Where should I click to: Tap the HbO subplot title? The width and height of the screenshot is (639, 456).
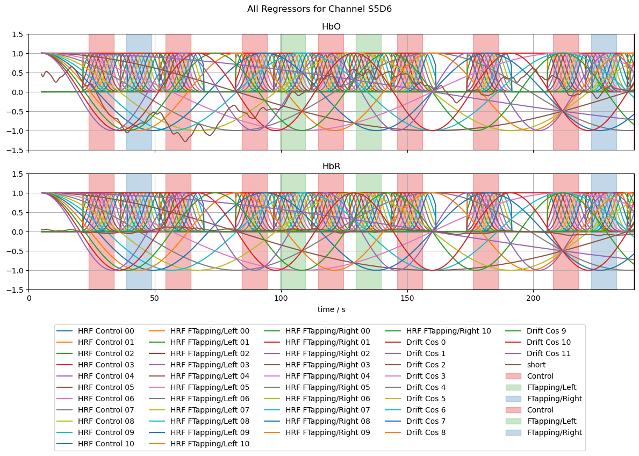(x=331, y=27)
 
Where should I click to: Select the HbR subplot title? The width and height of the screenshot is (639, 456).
(x=331, y=167)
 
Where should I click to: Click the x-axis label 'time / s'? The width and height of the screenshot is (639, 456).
(x=331, y=309)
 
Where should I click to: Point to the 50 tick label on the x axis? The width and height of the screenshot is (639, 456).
(x=155, y=298)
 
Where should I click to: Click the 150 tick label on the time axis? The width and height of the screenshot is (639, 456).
(x=407, y=298)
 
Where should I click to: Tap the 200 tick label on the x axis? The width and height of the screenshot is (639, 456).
(x=533, y=298)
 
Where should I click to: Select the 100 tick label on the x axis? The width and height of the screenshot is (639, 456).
(x=281, y=298)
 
